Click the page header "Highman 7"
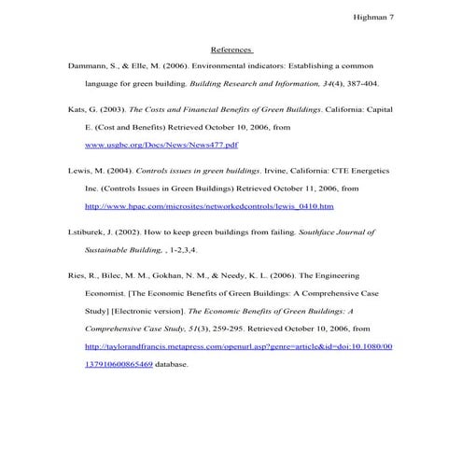(373, 16)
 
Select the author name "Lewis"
(81, 173)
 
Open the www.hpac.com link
(209, 206)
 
